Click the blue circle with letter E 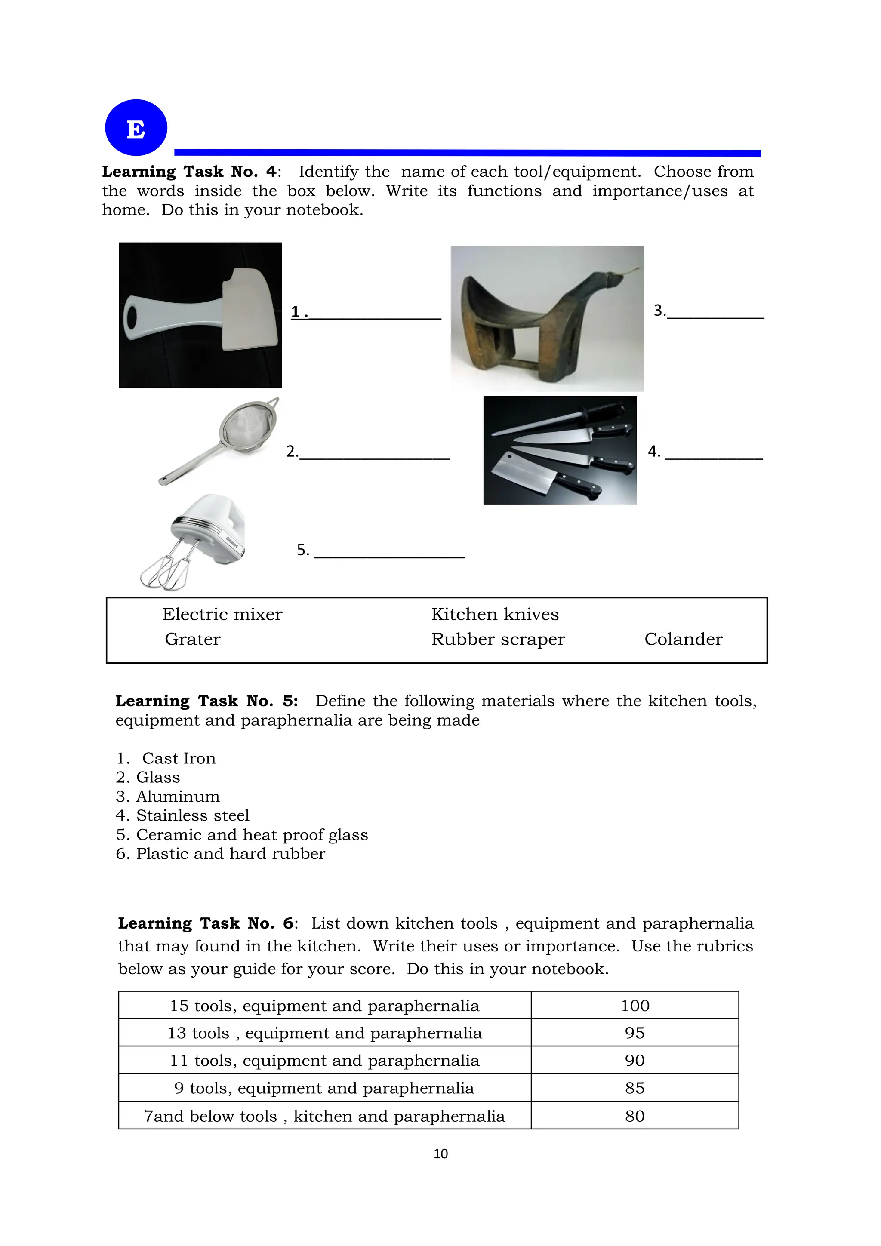(136, 128)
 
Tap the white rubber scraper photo (200, 315)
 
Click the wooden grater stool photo (547, 319)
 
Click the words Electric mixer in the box (222, 614)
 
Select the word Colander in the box (683, 639)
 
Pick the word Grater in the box (193, 639)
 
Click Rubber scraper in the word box (498, 639)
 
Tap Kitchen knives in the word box (495, 614)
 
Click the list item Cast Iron (178, 758)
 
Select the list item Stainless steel (192, 815)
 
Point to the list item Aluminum (178, 796)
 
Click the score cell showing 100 (635, 1006)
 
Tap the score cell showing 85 (635, 1088)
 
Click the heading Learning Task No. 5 (207, 701)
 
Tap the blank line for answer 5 (389, 552)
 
